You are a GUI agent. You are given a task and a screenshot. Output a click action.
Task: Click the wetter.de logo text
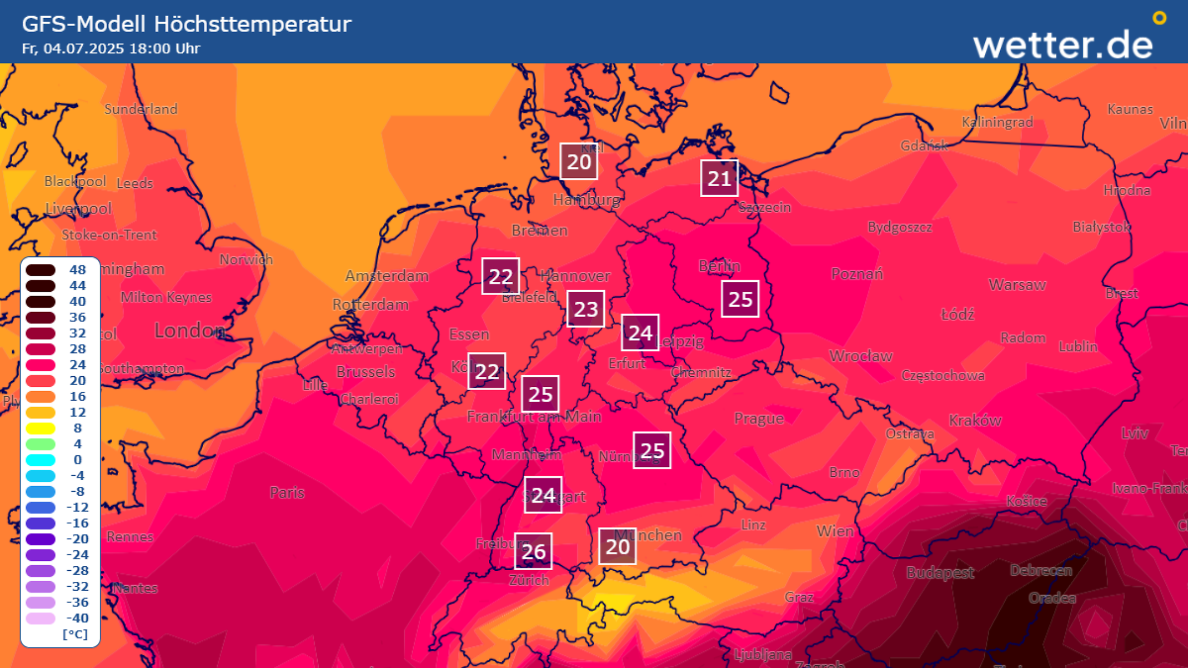[x=1063, y=44]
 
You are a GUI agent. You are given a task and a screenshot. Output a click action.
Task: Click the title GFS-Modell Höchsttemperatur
[x=186, y=24]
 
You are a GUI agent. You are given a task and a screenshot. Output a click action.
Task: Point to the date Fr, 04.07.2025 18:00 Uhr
[x=110, y=49]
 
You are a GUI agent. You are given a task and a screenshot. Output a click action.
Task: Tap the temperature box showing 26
[x=533, y=551]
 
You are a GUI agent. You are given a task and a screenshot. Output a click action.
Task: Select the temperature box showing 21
[x=719, y=178]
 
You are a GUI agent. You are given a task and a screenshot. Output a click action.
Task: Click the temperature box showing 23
[x=585, y=309]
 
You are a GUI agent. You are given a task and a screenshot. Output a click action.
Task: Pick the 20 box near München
[x=617, y=546]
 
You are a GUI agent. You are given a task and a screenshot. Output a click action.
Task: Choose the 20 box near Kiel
[x=578, y=161]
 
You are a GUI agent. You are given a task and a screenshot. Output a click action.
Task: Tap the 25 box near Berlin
[x=740, y=299]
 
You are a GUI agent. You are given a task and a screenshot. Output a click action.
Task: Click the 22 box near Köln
[x=486, y=371]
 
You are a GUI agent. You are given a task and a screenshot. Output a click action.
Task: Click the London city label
[x=189, y=330]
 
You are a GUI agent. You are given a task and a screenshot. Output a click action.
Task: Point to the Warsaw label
[x=1017, y=285]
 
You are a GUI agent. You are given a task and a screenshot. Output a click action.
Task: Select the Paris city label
[x=287, y=492]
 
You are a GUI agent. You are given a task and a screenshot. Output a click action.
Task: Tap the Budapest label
[x=939, y=572]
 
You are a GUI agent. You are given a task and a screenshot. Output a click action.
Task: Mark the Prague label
[x=758, y=418]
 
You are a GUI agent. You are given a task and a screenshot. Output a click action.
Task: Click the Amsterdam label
[x=387, y=276]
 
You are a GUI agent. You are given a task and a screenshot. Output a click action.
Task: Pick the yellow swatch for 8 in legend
[x=40, y=428]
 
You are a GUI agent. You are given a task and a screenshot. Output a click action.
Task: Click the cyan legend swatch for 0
[x=40, y=460]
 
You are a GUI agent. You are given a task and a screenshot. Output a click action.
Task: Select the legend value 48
[x=77, y=270]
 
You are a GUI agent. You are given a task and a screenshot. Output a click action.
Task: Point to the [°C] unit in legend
[x=75, y=634]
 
